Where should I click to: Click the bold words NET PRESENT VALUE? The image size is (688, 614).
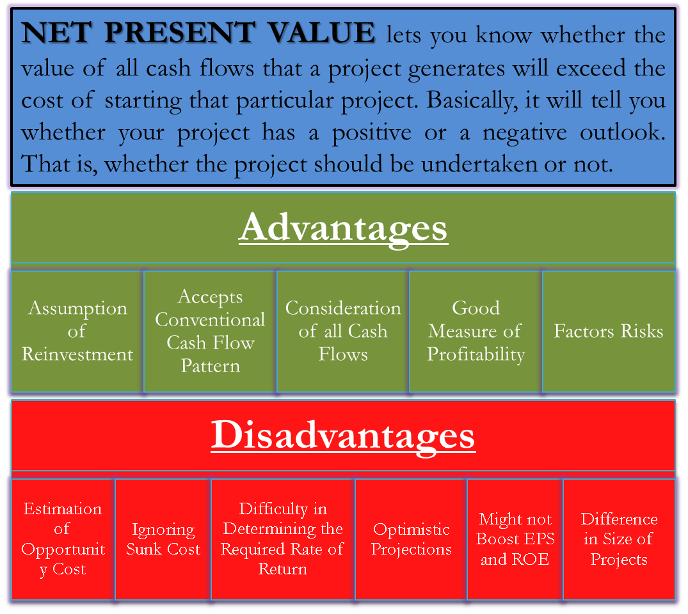(x=198, y=33)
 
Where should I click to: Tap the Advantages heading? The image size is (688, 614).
(x=343, y=228)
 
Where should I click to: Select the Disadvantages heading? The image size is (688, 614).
(x=343, y=436)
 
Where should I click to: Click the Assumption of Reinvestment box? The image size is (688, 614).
(x=77, y=331)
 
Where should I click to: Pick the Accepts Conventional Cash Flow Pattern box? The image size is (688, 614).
(x=210, y=331)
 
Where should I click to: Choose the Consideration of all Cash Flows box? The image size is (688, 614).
(x=342, y=331)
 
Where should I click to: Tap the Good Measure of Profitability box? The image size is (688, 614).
(x=476, y=331)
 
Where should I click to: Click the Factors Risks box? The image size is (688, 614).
(x=609, y=331)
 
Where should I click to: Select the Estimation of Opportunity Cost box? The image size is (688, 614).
(x=63, y=539)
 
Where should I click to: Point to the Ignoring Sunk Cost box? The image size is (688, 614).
(x=163, y=539)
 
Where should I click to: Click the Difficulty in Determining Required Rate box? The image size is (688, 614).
(x=283, y=539)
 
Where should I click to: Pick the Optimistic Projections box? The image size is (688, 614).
(x=411, y=539)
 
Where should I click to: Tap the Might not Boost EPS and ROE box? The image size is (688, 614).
(x=515, y=539)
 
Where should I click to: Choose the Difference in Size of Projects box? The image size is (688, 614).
(x=619, y=539)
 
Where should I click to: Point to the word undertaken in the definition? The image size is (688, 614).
(x=479, y=164)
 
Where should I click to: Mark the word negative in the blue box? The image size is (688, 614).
(x=525, y=133)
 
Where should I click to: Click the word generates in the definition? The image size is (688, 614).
(x=456, y=70)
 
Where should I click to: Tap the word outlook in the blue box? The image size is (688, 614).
(x=622, y=132)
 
